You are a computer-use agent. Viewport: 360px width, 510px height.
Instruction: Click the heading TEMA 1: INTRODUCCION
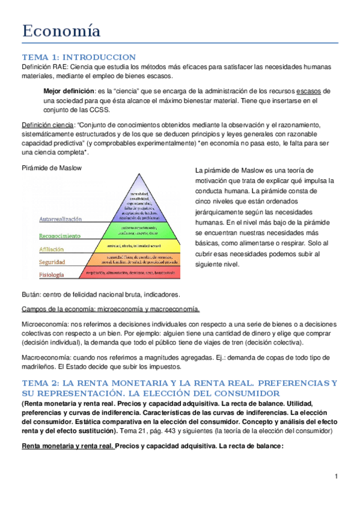coord(75,55)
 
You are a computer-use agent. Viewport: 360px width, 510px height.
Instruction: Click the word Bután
coord(31,295)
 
